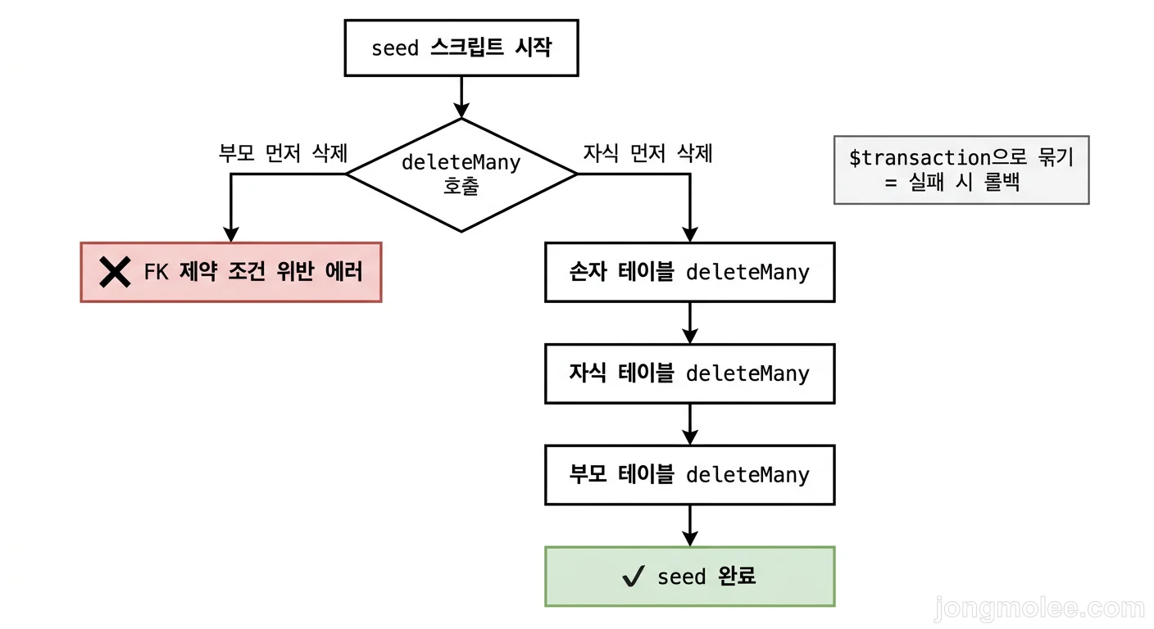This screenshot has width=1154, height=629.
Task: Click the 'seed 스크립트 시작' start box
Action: (x=461, y=48)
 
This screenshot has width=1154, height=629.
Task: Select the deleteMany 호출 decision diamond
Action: (x=461, y=174)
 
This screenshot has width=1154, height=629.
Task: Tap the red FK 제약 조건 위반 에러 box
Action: (x=231, y=272)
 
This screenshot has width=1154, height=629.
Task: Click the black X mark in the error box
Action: (x=115, y=272)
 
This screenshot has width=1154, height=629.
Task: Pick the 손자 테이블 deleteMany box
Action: (x=689, y=272)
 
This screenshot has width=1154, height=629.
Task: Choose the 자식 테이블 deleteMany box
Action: (x=689, y=373)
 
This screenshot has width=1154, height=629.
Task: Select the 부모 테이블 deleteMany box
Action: (x=689, y=475)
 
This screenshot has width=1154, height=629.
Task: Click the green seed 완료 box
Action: (x=689, y=577)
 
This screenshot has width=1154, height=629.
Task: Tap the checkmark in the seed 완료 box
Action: (x=633, y=577)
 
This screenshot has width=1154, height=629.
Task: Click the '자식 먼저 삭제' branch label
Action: (x=647, y=153)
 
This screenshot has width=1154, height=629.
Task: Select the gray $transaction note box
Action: (x=961, y=170)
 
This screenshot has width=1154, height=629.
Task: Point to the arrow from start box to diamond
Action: (x=461, y=97)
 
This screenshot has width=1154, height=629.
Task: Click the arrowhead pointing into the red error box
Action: (x=231, y=234)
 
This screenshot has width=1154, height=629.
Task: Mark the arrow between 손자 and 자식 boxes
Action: (x=689, y=323)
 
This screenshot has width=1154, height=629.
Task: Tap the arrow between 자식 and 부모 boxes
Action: (x=689, y=424)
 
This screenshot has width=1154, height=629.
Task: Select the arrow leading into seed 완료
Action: (x=689, y=526)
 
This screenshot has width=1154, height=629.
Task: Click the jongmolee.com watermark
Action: (x=1039, y=609)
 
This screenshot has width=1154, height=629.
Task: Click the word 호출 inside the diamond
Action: (x=461, y=186)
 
